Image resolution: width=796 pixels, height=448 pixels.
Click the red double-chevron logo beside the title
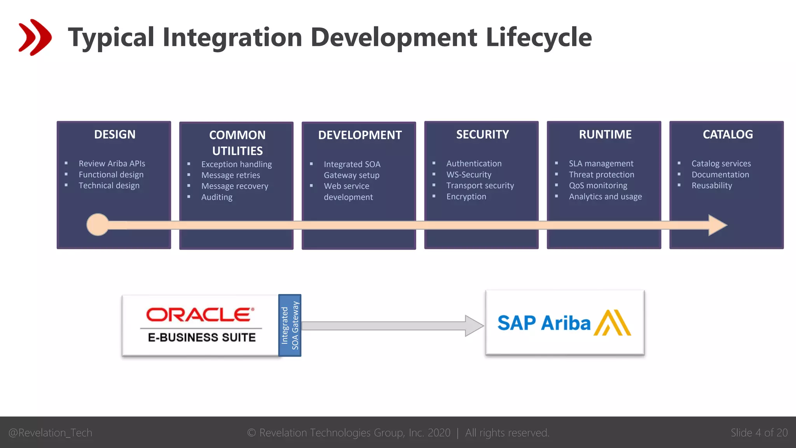[x=35, y=37]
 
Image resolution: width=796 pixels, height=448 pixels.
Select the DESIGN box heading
[x=115, y=135]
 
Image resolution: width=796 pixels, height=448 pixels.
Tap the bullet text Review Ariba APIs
[x=112, y=164]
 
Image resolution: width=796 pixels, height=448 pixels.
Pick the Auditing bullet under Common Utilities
[x=217, y=197]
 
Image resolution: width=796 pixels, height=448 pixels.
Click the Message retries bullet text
[x=230, y=175]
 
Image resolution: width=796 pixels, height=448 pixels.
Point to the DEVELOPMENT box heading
[x=360, y=135]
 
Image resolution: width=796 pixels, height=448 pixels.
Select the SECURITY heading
[x=482, y=135]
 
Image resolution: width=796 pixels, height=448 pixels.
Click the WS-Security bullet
[x=469, y=175]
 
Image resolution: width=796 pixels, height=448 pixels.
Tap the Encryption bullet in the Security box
[x=466, y=197]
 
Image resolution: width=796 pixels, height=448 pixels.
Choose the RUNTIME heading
[x=605, y=135]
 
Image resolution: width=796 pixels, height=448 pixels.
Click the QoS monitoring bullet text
[x=598, y=185]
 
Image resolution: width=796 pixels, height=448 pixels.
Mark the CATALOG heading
[x=728, y=135]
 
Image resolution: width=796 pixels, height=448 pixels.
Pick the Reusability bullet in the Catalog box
[x=712, y=185]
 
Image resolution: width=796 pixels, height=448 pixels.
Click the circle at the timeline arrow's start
[x=98, y=225]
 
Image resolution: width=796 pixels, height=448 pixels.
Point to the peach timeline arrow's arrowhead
[x=717, y=225]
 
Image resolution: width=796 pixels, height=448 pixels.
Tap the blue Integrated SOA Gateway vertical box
[x=290, y=325]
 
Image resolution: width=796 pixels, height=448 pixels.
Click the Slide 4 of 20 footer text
[x=759, y=433]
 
